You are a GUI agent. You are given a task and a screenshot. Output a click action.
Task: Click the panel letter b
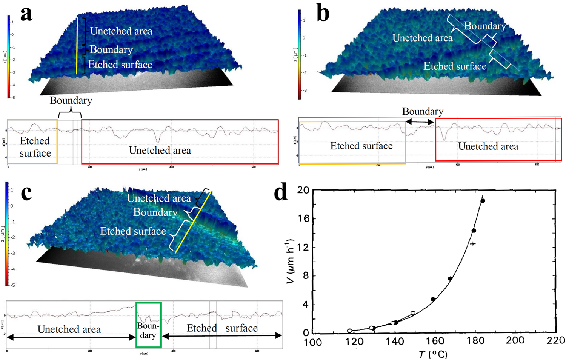[323, 14]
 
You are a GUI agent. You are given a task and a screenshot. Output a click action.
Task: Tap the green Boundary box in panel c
[148, 325]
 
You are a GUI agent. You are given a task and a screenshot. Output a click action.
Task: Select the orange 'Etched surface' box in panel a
[32, 142]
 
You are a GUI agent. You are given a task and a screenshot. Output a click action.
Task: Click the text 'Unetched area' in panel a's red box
[160, 150]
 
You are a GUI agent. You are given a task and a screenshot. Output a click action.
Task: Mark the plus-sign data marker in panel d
[472, 244]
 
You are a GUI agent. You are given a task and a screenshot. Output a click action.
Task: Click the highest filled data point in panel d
[483, 201]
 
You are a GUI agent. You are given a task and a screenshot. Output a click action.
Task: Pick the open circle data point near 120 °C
[350, 331]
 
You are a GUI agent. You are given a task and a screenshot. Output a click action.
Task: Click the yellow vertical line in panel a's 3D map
[77, 45]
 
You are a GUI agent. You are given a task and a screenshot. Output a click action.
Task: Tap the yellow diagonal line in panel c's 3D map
[192, 223]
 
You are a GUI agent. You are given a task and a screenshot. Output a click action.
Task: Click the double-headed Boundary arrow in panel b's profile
[420, 122]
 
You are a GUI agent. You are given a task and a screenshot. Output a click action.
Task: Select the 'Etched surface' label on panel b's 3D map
[455, 66]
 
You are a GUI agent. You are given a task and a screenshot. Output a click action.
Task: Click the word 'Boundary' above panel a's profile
[71, 100]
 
